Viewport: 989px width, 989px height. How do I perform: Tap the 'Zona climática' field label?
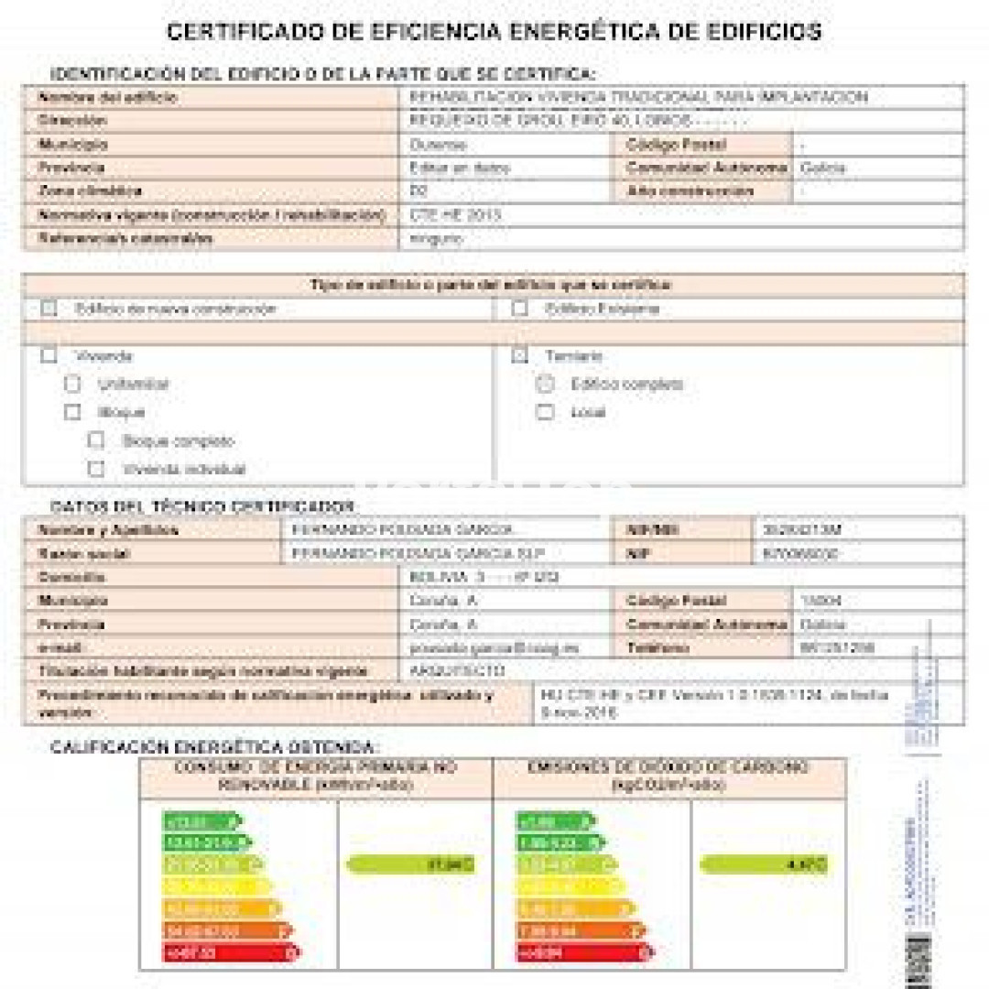coord(90,191)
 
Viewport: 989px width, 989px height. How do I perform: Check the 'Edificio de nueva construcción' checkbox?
coord(49,310)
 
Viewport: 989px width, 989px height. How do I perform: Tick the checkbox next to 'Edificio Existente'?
coord(519,310)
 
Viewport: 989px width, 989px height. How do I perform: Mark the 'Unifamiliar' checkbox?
coord(72,385)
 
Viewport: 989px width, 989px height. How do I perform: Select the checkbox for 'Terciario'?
coord(519,356)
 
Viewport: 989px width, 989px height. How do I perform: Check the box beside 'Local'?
coord(545,412)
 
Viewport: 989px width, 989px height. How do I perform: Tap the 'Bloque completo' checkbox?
coord(96,440)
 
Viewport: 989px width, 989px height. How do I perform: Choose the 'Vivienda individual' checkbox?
coord(96,469)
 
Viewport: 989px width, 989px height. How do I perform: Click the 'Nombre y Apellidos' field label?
coord(108,530)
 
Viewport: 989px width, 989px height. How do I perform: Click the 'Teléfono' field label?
coord(658,648)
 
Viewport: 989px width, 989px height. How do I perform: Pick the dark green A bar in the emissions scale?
coord(555,821)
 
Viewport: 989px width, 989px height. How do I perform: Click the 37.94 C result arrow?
coord(411,864)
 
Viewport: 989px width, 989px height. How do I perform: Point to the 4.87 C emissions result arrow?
coord(764,864)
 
